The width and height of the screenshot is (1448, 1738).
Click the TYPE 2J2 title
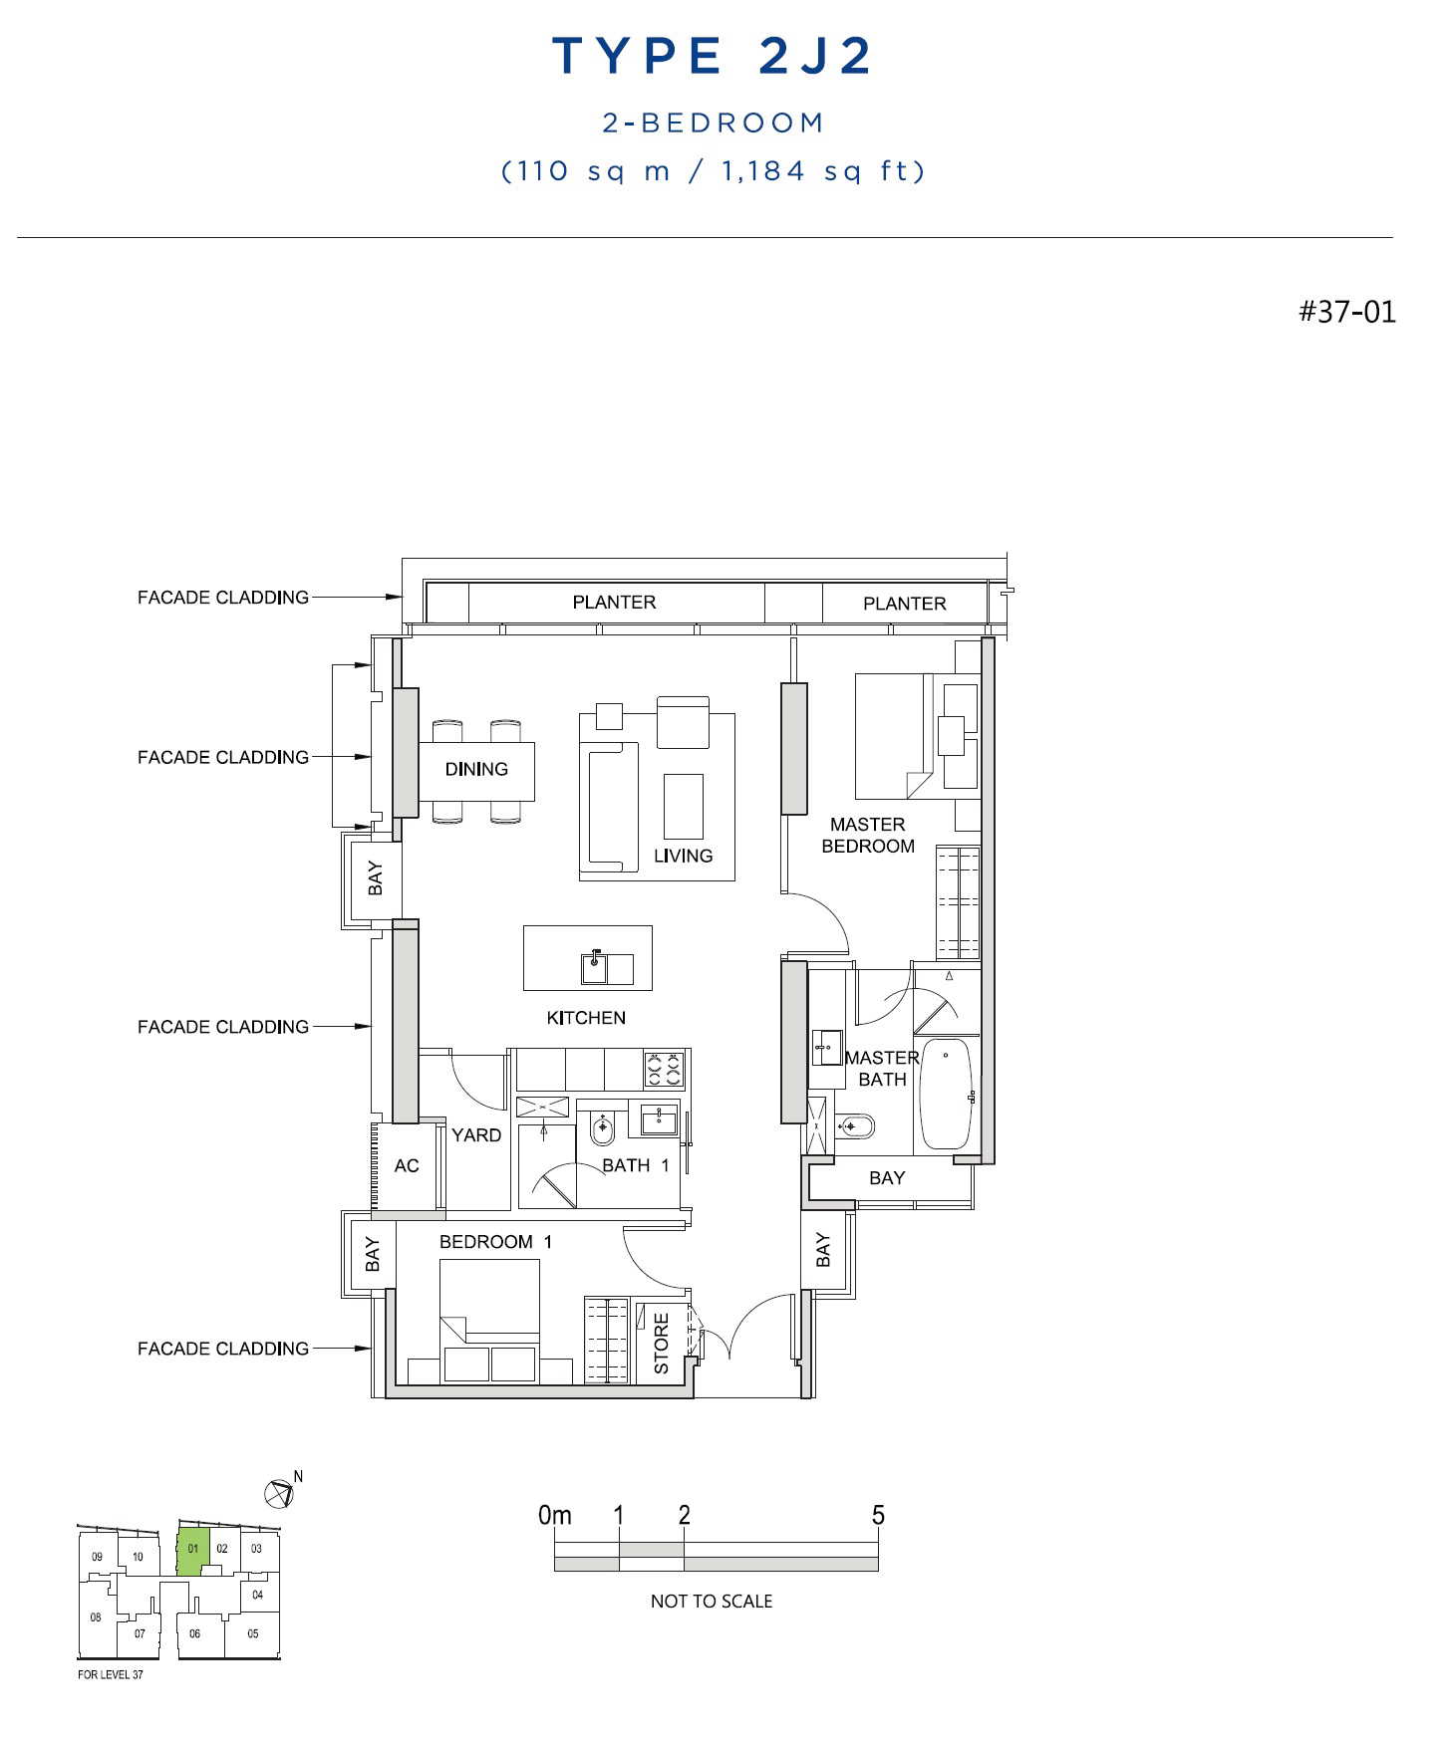pos(713,56)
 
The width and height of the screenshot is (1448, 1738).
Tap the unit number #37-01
pos(1347,312)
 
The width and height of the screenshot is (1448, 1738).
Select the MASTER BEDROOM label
pos(868,835)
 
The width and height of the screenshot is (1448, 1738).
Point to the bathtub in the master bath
pos(945,1094)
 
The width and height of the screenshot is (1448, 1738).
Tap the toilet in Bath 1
pos(604,1128)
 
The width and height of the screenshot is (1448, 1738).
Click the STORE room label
pos(662,1344)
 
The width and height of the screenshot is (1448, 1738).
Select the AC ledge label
pos(407,1165)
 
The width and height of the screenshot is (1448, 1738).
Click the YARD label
pos(476,1134)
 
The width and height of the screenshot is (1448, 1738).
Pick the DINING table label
pos(476,769)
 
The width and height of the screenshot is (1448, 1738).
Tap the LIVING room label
pos(684,856)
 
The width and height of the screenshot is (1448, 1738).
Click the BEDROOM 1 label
pos(495,1242)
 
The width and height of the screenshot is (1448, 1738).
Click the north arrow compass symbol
pos(278,1493)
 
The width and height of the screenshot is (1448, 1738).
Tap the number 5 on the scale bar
pos(878,1515)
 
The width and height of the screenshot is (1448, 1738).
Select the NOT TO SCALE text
pos(712,1601)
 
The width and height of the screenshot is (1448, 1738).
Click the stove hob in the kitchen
pos(665,1069)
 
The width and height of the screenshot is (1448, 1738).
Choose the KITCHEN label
pos(586,1018)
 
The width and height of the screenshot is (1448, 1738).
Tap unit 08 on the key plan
pos(96,1617)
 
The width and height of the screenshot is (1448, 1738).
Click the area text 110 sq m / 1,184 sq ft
pos(714,171)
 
